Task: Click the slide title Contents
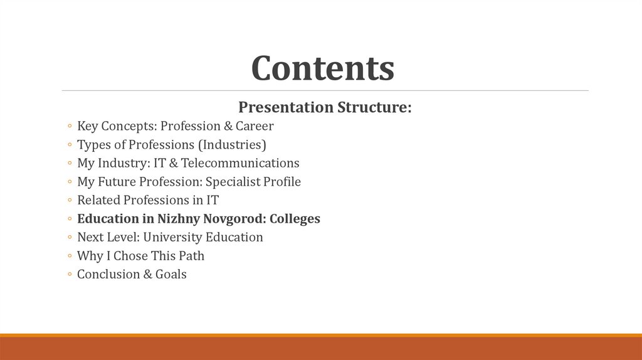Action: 322,68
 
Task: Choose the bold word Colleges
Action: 295,219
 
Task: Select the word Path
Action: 191,256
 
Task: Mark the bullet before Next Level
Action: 68,238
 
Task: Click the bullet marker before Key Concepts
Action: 68,127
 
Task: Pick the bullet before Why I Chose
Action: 68,257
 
